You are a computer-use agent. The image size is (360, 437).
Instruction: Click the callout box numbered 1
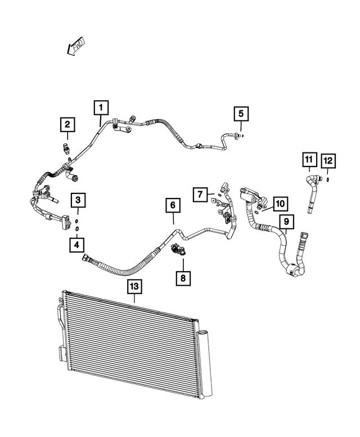(x=101, y=107)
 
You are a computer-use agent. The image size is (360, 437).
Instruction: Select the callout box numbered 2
(x=67, y=125)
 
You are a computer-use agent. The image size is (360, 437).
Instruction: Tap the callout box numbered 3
(x=78, y=200)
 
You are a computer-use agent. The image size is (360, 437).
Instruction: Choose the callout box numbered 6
(x=173, y=206)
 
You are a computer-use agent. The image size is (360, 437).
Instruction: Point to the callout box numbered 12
(x=328, y=161)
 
